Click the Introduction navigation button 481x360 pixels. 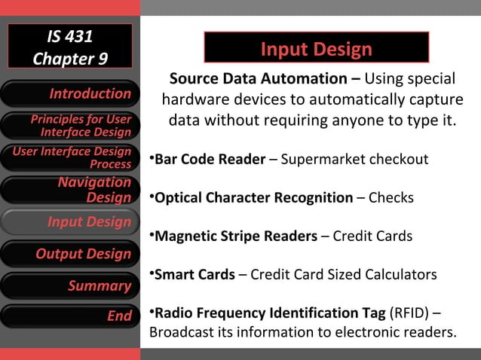tap(70, 94)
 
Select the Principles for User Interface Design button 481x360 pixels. tap(70, 126)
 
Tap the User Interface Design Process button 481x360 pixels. tap(70, 157)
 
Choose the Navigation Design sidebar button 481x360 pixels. tap(70, 190)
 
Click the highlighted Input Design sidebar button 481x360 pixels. tap(70, 222)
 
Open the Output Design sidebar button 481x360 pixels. tap(70, 254)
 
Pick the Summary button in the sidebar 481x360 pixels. tap(70, 285)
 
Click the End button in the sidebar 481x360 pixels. tap(70, 316)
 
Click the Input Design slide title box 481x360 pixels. tap(316, 50)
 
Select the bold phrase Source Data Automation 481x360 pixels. tap(259, 79)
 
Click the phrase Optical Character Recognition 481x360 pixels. tap(253, 198)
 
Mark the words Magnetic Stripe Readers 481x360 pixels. tap(236, 236)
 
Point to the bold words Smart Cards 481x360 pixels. tap(195, 274)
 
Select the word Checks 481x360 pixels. tap(391, 198)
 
